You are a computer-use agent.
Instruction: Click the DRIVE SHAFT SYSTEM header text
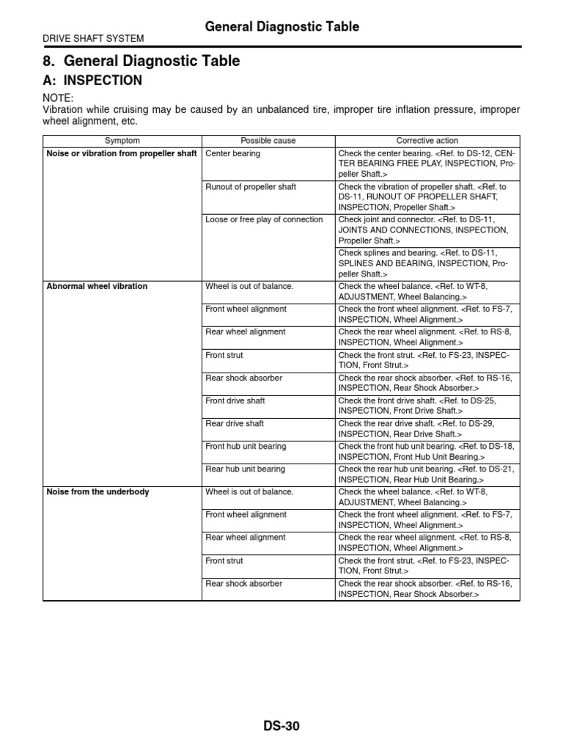93,39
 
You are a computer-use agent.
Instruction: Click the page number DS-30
281,727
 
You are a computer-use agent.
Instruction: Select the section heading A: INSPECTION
92,80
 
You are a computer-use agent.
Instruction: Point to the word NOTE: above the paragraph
59,98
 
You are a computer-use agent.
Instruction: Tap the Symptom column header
122,140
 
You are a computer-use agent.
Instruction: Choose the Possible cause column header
267,140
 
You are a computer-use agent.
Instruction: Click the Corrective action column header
427,140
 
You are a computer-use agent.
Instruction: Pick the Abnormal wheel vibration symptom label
97,286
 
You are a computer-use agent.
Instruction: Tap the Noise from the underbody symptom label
97,491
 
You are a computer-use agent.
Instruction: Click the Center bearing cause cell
233,154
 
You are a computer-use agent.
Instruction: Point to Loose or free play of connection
264,220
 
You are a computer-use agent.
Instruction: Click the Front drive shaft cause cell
235,400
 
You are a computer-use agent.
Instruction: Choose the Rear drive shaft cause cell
235,423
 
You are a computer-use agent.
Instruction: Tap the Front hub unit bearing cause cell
246,446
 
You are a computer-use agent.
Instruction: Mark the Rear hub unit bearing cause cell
245,469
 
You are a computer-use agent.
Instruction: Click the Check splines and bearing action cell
427,263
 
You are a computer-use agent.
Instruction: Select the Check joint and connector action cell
427,230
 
